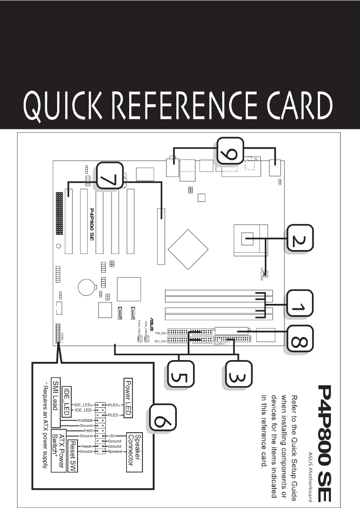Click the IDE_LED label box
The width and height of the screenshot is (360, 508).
click(x=66, y=394)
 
